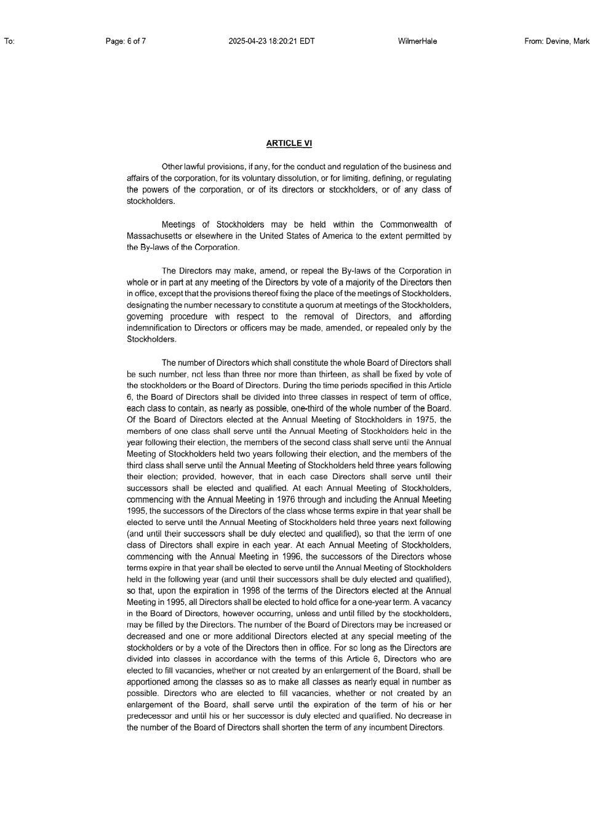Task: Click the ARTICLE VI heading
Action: click(289, 143)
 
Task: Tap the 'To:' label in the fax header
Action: click(9, 41)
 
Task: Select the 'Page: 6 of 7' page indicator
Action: click(126, 41)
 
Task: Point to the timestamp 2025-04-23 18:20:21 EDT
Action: click(271, 41)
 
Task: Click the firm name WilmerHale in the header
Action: click(417, 41)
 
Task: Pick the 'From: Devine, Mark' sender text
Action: click(557, 41)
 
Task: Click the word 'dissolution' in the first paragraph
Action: click(297, 178)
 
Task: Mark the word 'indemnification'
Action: click(153, 328)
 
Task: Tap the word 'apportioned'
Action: click(150, 682)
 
